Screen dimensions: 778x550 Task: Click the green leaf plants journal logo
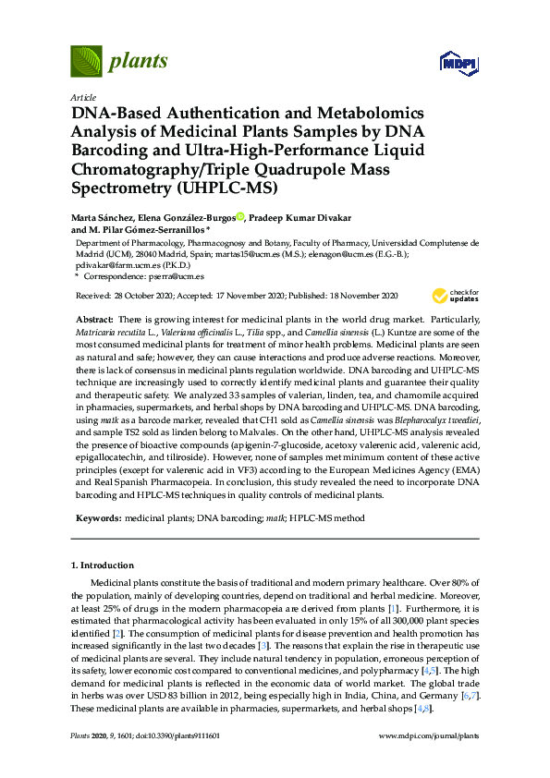pos(87,62)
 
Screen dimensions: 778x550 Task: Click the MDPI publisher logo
pos(459,63)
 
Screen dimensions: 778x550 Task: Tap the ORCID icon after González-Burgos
pos(240,218)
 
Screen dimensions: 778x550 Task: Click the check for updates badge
pos(453,296)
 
